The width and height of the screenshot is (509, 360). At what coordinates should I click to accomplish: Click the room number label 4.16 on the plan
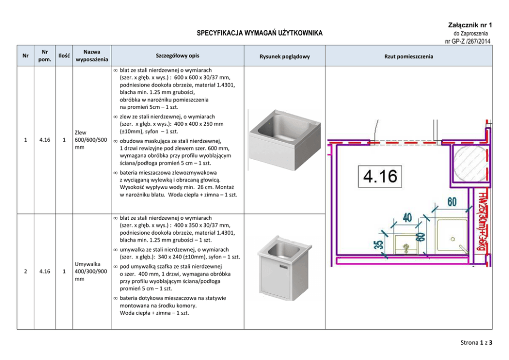[380, 176]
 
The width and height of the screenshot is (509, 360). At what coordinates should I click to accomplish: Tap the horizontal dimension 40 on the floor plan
[407, 218]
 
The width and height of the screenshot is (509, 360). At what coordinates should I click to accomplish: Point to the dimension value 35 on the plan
[379, 244]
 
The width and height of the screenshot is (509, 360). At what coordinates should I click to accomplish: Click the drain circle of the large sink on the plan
[452, 239]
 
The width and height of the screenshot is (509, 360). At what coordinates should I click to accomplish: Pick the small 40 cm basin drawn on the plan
[407, 244]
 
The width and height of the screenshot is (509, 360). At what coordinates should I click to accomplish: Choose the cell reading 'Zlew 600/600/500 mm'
[91, 139]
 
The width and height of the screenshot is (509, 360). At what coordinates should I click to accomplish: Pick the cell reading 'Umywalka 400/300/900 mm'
[91, 271]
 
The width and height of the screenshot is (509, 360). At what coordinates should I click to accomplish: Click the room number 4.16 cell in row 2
[45, 271]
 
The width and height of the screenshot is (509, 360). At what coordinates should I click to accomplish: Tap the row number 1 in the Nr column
[26, 139]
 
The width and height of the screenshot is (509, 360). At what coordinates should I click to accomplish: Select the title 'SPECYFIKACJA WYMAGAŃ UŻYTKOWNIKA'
[260, 33]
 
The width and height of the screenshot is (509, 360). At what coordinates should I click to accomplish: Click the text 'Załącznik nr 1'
[470, 25]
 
